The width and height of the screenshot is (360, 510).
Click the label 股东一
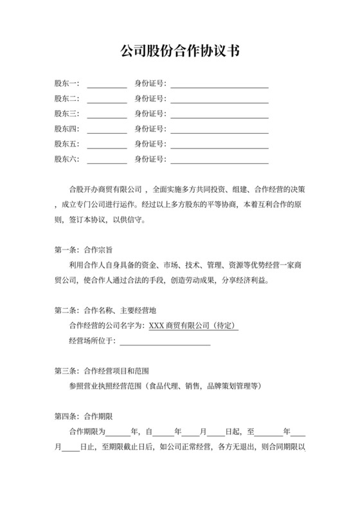pyautogui.click(x=66, y=84)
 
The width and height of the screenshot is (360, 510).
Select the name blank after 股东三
pyautogui.click(x=107, y=114)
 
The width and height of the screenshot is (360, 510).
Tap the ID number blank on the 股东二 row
pyautogui.click(x=219, y=99)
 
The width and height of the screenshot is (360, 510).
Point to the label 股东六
pyautogui.click(x=66, y=159)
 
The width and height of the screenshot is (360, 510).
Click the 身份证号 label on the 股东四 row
pyautogui.click(x=149, y=129)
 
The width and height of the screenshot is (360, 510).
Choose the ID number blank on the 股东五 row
pyautogui.click(x=219, y=144)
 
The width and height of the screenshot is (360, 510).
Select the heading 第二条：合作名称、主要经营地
pyautogui.click(x=101, y=311)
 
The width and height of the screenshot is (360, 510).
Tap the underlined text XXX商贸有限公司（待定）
pyautogui.click(x=194, y=326)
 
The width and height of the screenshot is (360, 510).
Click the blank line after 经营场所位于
pyautogui.click(x=165, y=341)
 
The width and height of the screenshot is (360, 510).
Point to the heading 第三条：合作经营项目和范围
pyautogui.click(x=102, y=372)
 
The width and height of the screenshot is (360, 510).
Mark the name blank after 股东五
pyautogui.click(x=107, y=144)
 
